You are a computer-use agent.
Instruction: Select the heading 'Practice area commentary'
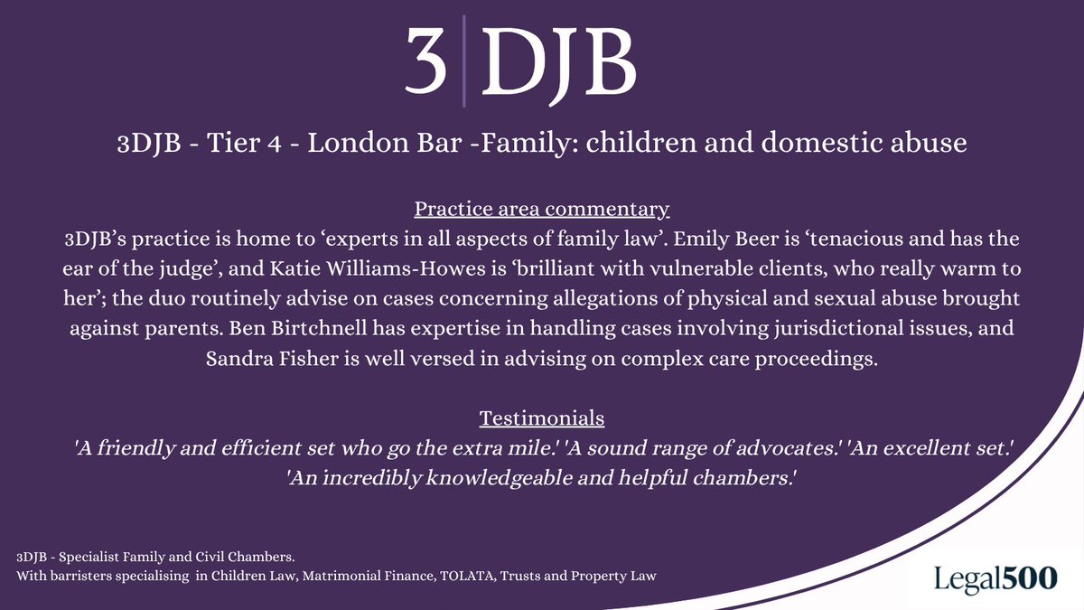tap(542, 210)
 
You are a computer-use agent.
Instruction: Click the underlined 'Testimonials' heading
tap(542, 418)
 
